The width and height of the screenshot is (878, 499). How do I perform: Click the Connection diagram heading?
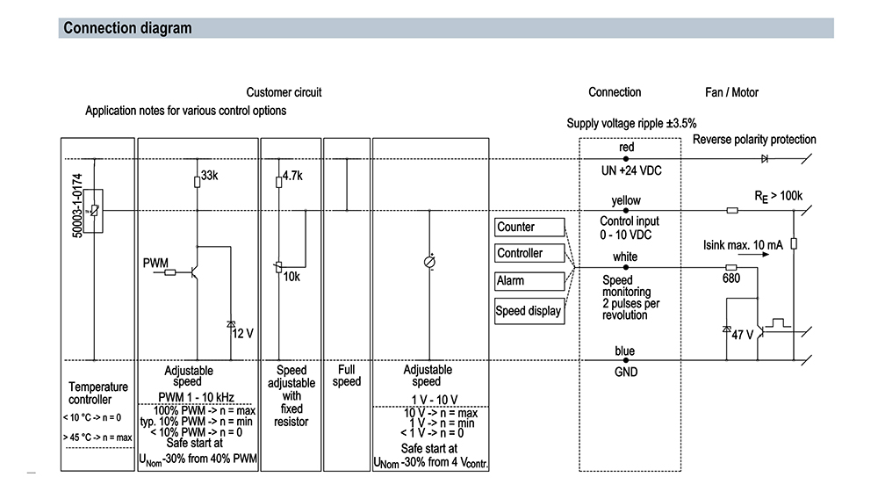coord(127,29)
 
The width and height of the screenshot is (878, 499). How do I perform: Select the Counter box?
coord(529,228)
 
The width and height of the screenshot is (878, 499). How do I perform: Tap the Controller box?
coord(529,254)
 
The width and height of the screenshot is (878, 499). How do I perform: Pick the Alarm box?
coord(529,281)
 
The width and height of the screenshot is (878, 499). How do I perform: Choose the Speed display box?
coord(529,311)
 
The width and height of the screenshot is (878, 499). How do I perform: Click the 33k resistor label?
coord(209,176)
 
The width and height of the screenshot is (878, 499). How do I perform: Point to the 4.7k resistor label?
coord(291,176)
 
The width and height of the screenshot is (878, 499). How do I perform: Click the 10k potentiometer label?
coord(292,278)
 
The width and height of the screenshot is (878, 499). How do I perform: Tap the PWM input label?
coord(155,263)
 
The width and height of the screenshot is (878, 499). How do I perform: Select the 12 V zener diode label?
coord(241,333)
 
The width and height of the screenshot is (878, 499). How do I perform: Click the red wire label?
coord(626,148)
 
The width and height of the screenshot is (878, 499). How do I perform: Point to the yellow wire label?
coord(626,200)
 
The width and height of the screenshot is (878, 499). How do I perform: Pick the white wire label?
coord(625,257)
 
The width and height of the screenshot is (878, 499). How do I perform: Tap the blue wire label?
coord(625,351)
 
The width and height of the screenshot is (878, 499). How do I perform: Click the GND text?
coord(625,372)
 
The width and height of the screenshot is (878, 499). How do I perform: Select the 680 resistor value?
coord(730,278)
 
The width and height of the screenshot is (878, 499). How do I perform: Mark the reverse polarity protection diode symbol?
coord(765,159)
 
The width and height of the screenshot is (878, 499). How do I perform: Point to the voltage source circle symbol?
coord(430,262)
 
